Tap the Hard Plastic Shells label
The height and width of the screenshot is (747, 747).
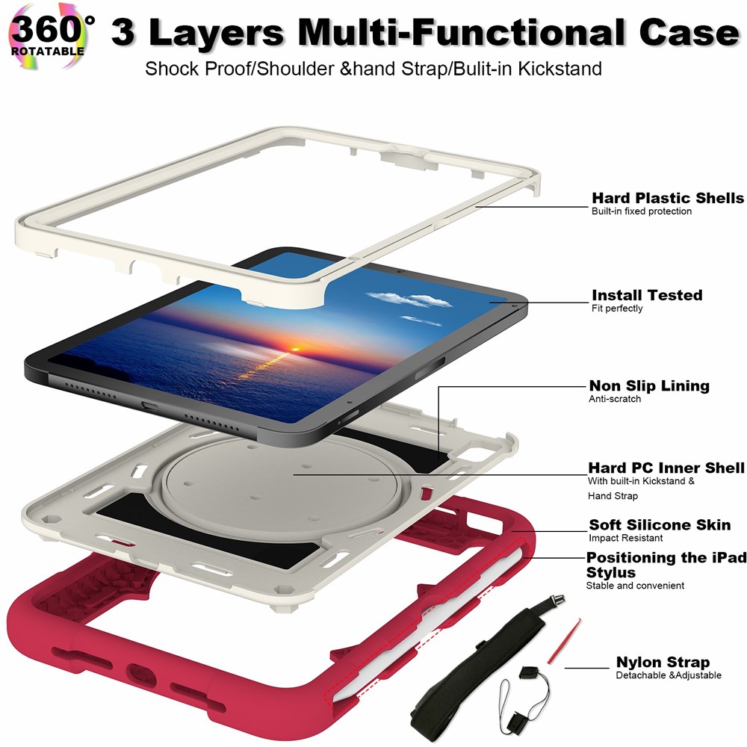(x=668, y=198)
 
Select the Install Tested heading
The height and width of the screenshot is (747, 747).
(x=647, y=295)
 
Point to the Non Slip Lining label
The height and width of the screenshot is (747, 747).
(x=649, y=386)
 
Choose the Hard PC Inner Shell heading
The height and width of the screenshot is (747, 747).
(x=666, y=468)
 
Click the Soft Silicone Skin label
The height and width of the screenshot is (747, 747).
(x=660, y=525)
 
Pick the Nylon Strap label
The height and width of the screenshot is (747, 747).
(x=663, y=663)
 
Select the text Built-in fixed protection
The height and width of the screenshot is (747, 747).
(x=642, y=211)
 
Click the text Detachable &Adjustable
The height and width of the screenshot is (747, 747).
(x=669, y=676)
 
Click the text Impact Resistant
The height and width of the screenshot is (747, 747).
(x=625, y=538)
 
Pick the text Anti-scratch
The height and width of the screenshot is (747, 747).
(x=615, y=399)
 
